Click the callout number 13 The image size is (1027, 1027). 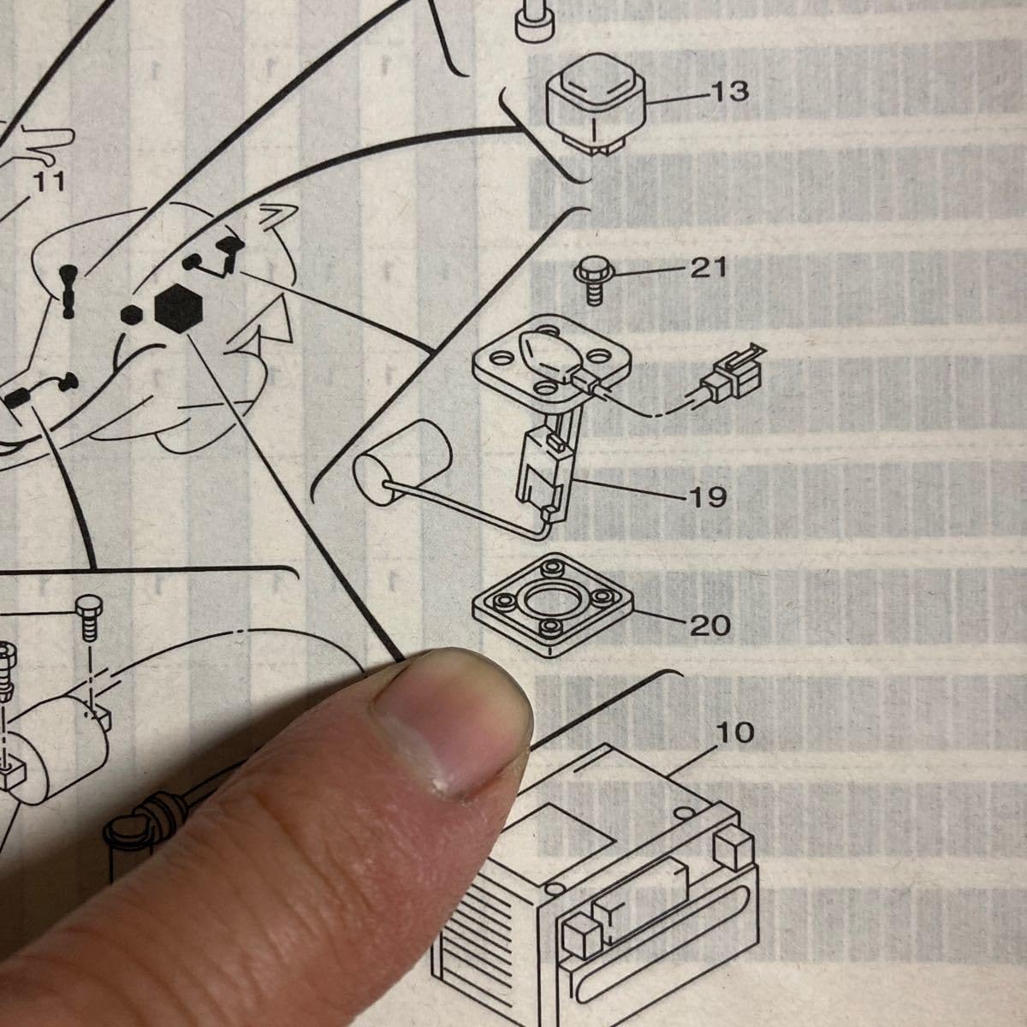tap(730, 92)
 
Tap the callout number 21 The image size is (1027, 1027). tap(709, 268)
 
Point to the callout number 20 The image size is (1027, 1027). tap(710, 625)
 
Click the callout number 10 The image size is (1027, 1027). tap(735, 733)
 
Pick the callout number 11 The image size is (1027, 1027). tap(49, 181)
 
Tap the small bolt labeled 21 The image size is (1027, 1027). tap(594, 281)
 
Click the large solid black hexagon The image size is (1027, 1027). tap(179, 309)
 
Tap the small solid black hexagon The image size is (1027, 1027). tap(131, 316)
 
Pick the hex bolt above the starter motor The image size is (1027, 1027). tap(88, 618)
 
